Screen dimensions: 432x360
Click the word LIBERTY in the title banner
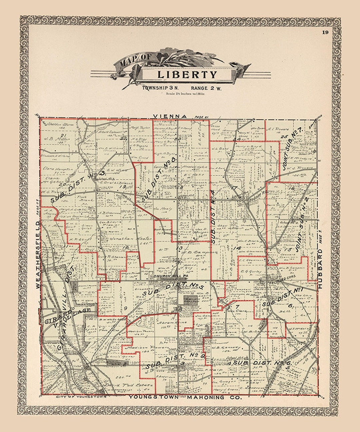[x=187, y=74]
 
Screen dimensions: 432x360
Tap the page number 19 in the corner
[x=325, y=32]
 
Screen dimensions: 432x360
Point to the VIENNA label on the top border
[x=170, y=116]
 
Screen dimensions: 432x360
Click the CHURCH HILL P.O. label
[x=167, y=276]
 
